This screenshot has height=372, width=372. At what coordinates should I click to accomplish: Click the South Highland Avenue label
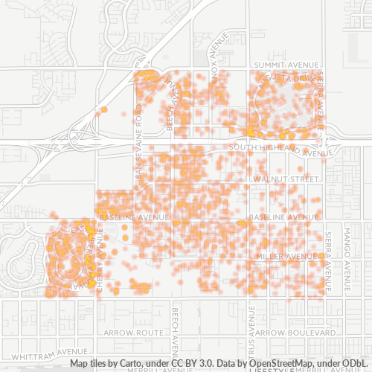280,149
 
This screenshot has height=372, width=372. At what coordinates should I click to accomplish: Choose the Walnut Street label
285,179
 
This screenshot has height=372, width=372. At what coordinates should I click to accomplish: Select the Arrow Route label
133,332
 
